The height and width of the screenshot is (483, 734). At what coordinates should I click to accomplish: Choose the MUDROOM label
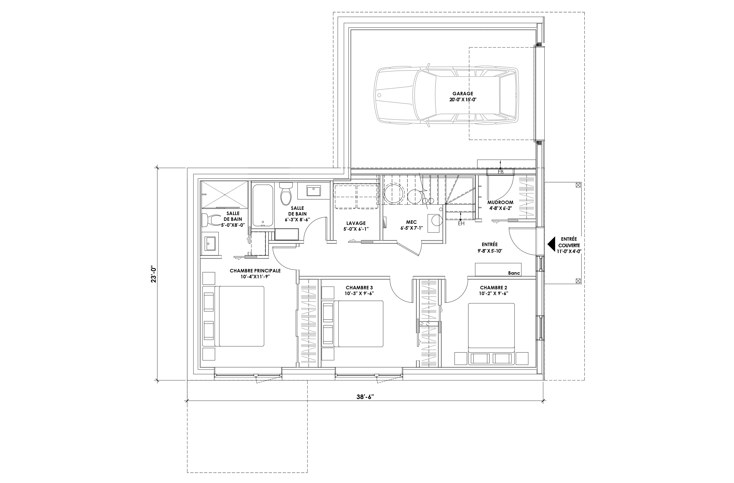click(500, 203)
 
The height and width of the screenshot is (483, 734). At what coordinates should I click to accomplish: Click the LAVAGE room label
click(356, 223)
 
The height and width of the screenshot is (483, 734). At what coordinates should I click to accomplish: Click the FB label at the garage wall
click(500, 172)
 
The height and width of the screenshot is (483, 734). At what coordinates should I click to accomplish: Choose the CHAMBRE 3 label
click(359, 288)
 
